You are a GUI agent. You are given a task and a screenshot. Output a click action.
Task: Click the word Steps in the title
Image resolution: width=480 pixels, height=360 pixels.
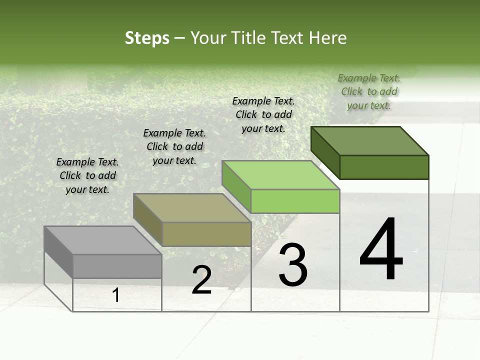[x=147, y=38]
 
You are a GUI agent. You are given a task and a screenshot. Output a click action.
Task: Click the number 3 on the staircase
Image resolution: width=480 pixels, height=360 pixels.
[x=293, y=265]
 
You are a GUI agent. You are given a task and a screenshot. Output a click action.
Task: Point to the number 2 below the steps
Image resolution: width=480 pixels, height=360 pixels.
[x=201, y=280]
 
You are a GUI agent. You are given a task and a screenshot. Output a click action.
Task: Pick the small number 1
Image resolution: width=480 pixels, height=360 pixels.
[x=116, y=295]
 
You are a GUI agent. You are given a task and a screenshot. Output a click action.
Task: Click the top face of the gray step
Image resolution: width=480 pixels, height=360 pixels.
[x=102, y=240]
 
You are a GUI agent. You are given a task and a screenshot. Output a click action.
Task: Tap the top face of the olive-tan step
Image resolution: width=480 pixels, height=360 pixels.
[x=192, y=207]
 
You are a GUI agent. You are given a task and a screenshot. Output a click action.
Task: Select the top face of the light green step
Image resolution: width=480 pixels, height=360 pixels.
[x=280, y=175]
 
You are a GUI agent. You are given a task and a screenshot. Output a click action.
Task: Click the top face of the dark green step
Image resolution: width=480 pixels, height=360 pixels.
[x=369, y=140]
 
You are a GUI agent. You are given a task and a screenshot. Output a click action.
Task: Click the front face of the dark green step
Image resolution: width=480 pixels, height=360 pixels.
[x=384, y=167]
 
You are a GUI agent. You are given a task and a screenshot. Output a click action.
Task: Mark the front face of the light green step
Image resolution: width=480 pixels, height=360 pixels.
[x=295, y=201]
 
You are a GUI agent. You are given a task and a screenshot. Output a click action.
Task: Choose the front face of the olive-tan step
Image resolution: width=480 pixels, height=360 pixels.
[x=206, y=234]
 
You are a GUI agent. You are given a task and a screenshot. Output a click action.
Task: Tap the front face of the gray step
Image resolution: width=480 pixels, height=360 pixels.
[x=117, y=266]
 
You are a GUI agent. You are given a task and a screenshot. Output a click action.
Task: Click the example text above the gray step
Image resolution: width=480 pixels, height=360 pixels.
[x=87, y=175]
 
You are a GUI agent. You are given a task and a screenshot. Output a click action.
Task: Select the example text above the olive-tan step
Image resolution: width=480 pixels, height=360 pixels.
[x=174, y=146]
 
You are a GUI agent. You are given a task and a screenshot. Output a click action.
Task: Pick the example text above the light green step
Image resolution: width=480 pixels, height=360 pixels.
[x=263, y=114]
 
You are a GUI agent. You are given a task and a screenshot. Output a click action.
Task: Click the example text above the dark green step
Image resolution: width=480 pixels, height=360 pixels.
[x=369, y=91]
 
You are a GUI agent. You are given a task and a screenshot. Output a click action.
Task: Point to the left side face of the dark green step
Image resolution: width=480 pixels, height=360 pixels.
[x=325, y=152]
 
